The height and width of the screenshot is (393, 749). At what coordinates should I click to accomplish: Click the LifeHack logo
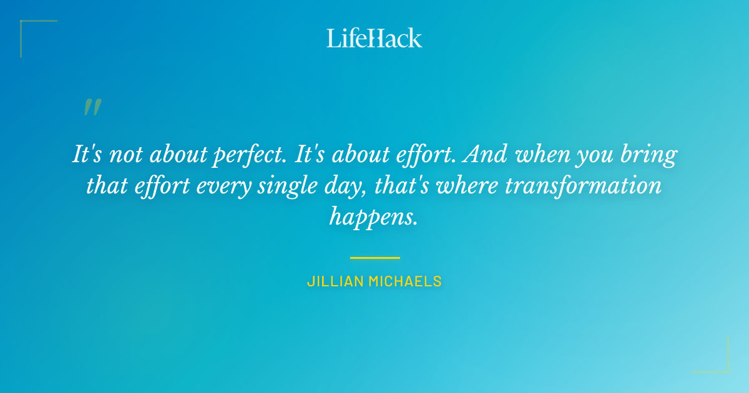click(374, 38)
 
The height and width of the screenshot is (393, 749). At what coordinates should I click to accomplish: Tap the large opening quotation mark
click(92, 107)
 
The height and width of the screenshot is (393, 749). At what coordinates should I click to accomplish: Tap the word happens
click(373, 217)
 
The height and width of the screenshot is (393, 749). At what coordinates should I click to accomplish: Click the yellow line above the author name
click(374, 257)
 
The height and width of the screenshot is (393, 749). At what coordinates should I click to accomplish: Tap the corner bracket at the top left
click(25, 25)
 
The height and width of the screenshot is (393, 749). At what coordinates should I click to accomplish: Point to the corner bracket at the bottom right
click(724, 368)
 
